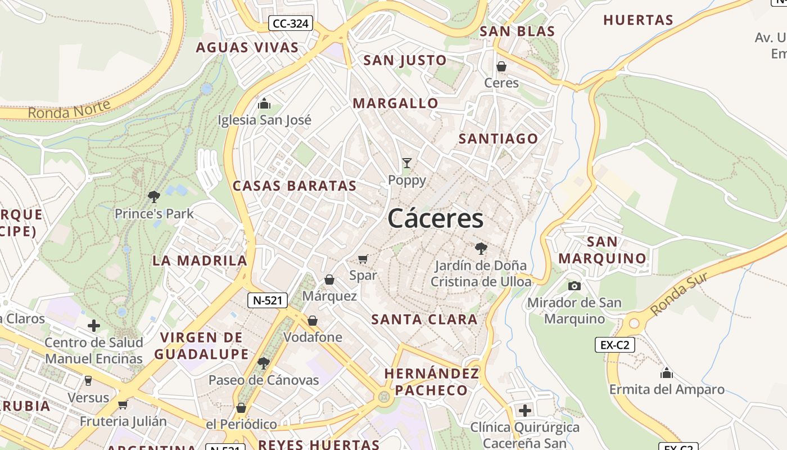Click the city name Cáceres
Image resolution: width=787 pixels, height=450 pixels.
pyautogui.click(x=435, y=218)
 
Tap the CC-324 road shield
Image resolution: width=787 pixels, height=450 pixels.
pyautogui.click(x=290, y=24)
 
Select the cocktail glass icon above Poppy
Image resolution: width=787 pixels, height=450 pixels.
pyautogui.click(x=407, y=163)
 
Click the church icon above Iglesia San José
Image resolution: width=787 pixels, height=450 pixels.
pyautogui.click(x=264, y=103)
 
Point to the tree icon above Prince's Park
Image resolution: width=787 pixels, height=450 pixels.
pyautogui.click(x=154, y=196)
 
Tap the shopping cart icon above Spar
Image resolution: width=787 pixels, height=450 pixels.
pyautogui.click(x=363, y=259)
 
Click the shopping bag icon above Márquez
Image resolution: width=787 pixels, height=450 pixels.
pyautogui.click(x=329, y=280)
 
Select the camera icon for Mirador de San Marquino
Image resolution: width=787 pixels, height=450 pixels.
pyautogui.click(x=574, y=286)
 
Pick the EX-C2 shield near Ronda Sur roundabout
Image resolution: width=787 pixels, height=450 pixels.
pyautogui.click(x=615, y=345)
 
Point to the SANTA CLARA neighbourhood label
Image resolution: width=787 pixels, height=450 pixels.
pyautogui.click(x=424, y=319)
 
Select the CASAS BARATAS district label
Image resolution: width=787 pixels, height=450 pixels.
pyautogui.click(x=295, y=186)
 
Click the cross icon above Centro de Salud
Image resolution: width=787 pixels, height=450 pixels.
pyautogui.click(x=94, y=326)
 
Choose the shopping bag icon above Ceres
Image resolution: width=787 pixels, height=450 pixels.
pyautogui.click(x=501, y=66)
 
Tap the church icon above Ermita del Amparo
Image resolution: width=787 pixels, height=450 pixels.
pyautogui.click(x=667, y=372)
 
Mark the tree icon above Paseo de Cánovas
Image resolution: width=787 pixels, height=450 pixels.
pyautogui.click(x=263, y=363)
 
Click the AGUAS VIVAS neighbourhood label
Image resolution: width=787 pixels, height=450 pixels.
pyautogui.click(x=247, y=48)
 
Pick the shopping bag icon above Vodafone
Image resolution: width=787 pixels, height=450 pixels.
pyautogui.click(x=313, y=321)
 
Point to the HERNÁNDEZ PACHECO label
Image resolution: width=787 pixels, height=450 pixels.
pyautogui.click(x=432, y=382)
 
